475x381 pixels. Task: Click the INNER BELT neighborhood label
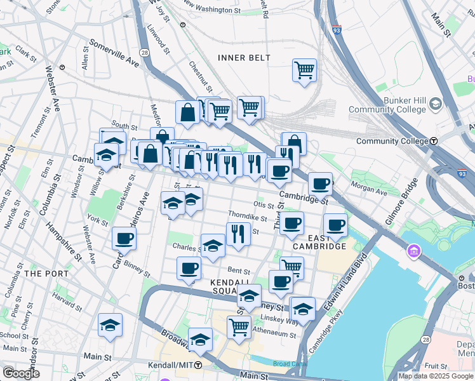[244, 58]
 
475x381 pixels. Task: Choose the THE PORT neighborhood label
[41, 273]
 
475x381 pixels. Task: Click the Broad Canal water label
[290, 364]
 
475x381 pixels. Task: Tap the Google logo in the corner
[21, 373]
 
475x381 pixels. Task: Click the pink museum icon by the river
[414, 252]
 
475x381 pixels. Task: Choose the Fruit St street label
[436, 366]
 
